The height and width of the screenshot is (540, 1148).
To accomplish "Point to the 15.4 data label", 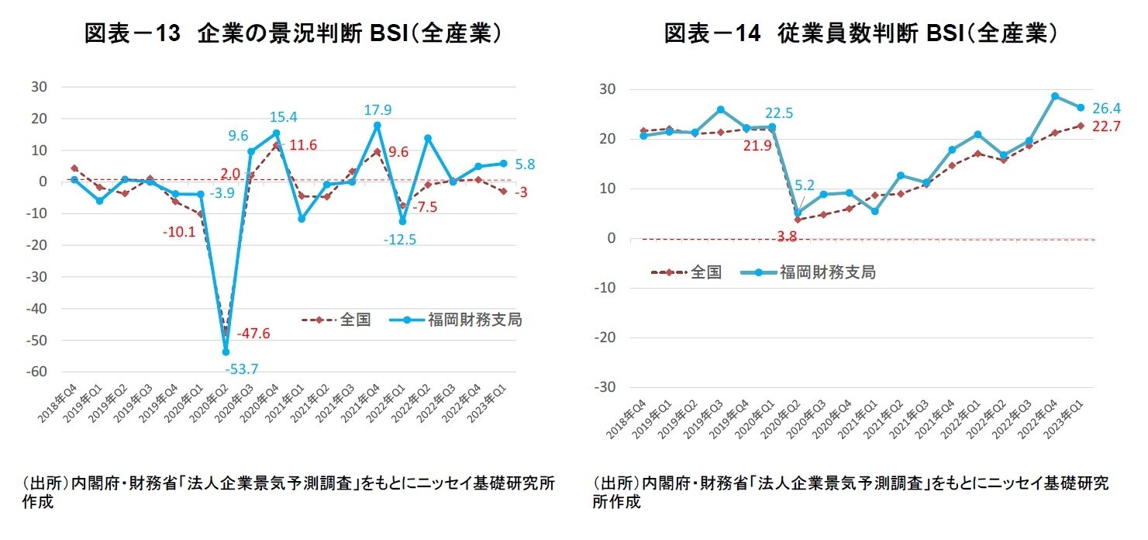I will [x=284, y=118].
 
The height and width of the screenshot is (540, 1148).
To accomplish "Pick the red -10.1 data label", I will [x=180, y=232].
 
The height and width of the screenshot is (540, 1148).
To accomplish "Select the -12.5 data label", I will [x=400, y=240].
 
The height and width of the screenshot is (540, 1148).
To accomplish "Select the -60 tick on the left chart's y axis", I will [x=37, y=372].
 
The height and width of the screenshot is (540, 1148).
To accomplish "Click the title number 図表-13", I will [x=133, y=34].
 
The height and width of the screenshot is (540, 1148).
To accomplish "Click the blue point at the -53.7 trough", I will [x=226, y=351].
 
